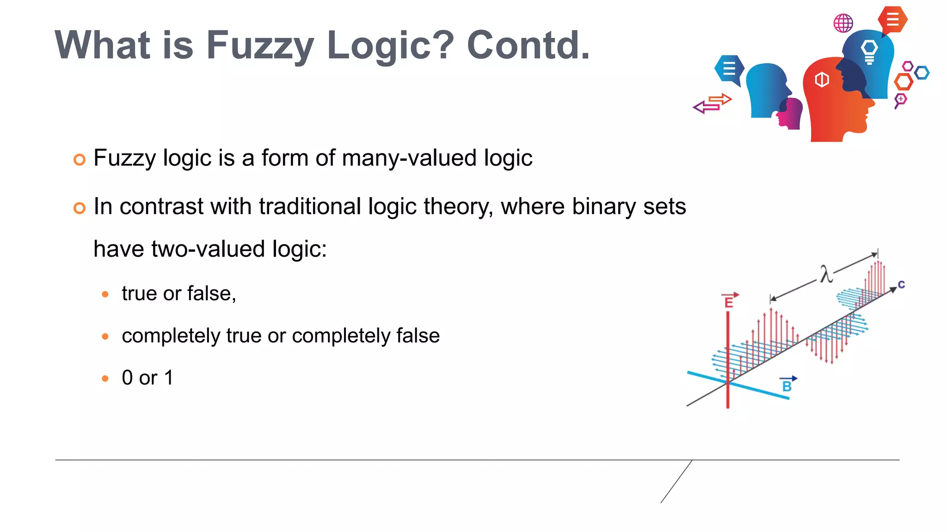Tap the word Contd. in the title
(x=528, y=45)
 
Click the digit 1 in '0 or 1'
(x=169, y=378)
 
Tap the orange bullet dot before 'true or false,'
(x=105, y=294)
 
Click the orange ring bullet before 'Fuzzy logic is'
(x=80, y=160)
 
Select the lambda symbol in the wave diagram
(x=826, y=274)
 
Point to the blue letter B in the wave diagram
(x=787, y=386)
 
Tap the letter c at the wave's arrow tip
(x=901, y=284)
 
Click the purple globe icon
(x=843, y=23)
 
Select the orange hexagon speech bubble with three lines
(x=893, y=20)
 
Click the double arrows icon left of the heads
(x=713, y=103)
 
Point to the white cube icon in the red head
(x=822, y=79)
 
